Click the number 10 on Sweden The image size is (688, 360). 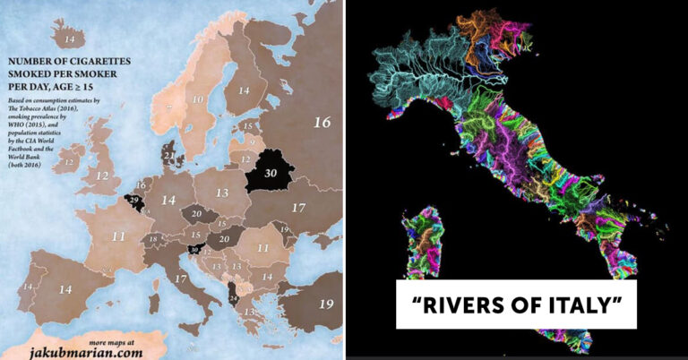pos(199,99)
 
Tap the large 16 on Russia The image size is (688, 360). pos(322,123)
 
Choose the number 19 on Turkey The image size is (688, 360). pos(325,304)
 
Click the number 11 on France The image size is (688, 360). pos(118,236)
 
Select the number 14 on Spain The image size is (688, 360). pos(66,290)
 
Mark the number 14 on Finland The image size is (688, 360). pos(243,90)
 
